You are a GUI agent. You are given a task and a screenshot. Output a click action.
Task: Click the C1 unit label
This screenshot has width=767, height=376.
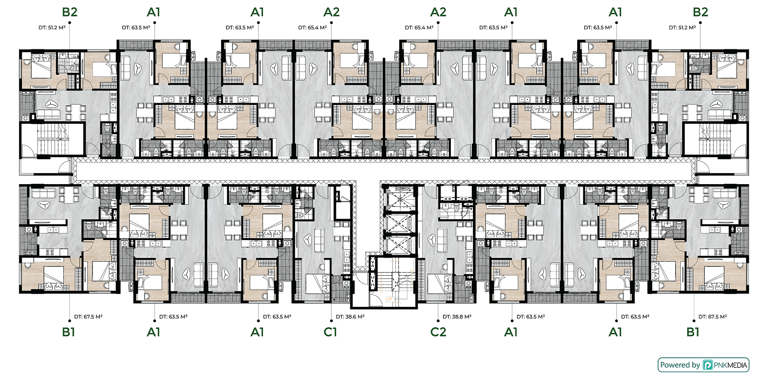pos(330,332)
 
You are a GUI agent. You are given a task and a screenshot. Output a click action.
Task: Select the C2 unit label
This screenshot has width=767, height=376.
pos(438,332)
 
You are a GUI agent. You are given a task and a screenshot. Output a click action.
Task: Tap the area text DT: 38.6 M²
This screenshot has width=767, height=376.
pos(350,317)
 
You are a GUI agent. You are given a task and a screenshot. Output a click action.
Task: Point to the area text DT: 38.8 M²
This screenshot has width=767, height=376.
pos(457,317)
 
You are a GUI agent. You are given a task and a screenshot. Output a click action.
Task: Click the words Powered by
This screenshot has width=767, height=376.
pos(680,365)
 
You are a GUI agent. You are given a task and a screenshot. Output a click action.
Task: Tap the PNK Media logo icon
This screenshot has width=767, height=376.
pos(708,365)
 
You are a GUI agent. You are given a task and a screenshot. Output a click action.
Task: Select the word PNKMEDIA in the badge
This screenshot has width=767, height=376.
pos(730,365)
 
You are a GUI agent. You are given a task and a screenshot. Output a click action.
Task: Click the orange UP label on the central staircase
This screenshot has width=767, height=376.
pos(389,299)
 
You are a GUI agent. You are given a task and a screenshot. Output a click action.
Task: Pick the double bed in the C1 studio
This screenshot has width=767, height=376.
pos(318,284)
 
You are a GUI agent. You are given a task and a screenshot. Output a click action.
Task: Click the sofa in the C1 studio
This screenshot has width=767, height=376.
pos(319,240)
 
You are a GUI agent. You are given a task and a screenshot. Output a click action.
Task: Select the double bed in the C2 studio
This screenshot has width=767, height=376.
pos(440,284)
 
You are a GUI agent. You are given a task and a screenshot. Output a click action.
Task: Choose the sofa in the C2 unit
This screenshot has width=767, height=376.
pos(442,240)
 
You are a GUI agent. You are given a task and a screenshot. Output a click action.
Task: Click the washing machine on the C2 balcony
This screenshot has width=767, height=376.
pos(468,283)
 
